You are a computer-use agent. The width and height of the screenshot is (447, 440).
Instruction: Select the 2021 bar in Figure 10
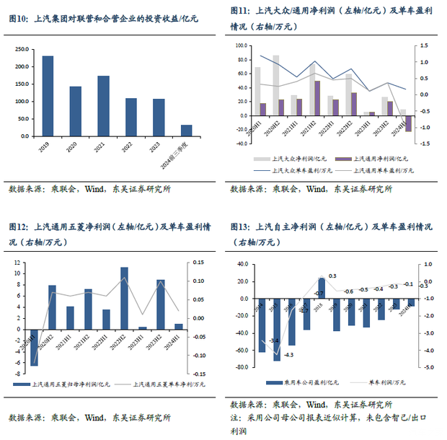[103, 105]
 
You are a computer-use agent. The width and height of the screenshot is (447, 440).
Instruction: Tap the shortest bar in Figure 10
[186, 130]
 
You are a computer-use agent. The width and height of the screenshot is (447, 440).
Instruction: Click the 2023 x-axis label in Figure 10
[158, 146]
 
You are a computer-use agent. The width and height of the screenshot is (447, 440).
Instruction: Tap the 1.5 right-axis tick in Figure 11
[425, 46]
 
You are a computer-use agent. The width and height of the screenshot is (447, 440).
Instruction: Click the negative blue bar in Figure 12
[33, 347]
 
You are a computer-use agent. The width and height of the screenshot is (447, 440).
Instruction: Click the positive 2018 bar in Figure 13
[321, 286]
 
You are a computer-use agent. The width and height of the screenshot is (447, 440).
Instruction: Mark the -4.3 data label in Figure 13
[289, 355]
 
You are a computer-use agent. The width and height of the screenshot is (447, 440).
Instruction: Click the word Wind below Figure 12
[94, 417]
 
